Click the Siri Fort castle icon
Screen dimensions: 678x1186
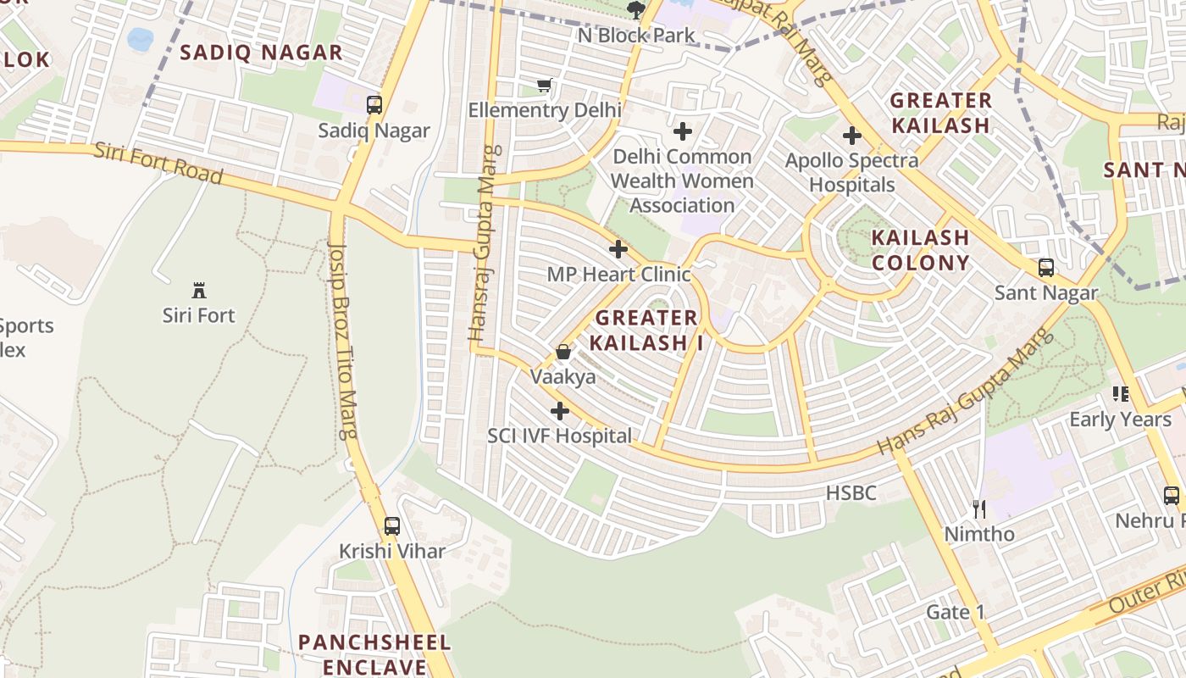click(x=199, y=291)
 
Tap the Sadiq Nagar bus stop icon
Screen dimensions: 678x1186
click(x=374, y=105)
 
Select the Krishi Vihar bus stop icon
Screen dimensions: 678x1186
click(x=391, y=525)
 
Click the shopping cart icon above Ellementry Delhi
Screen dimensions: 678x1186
click(x=545, y=86)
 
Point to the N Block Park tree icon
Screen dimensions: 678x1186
click(x=635, y=10)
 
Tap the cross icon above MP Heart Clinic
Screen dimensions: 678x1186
click(x=618, y=249)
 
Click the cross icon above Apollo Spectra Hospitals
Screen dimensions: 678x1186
click(x=851, y=136)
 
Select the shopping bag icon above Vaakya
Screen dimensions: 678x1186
click(x=563, y=352)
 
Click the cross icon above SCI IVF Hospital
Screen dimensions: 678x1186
click(x=559, y=411)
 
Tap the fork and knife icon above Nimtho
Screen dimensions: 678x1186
click(x=979, y=508)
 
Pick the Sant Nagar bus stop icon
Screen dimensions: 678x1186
click(x=1045, y=268)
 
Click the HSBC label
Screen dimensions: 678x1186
click(x=851, y=493)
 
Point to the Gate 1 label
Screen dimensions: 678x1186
click(x=956, y=612)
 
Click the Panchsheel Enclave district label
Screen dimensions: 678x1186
click(x=374, y=653)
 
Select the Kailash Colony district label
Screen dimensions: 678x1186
click(x=920, y=250)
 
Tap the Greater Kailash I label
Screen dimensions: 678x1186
click(x=646, y=330)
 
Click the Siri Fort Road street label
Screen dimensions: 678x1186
click(x=158, y=163)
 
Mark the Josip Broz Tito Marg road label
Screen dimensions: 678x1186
click(x=342, y=339)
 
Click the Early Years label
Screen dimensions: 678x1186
click(x=1119, y=419)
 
